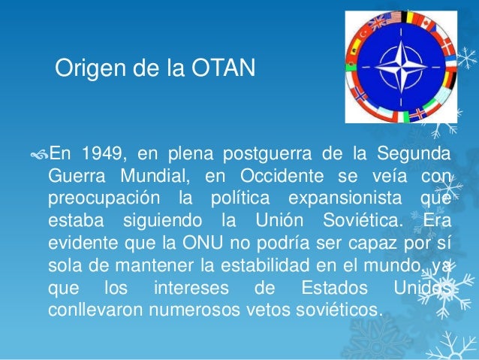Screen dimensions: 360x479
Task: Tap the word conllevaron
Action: (96, 310)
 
